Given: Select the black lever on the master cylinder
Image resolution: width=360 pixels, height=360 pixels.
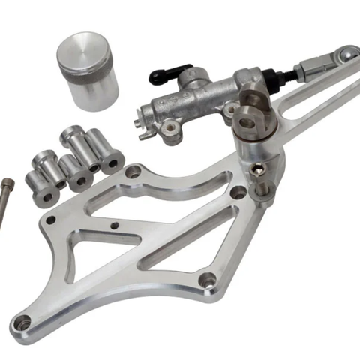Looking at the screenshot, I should point(164,73).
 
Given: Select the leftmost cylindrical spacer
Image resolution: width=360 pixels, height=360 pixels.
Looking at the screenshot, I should point(42,186).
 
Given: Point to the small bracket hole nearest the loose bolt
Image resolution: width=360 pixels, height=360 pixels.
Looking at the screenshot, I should point(50,220).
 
